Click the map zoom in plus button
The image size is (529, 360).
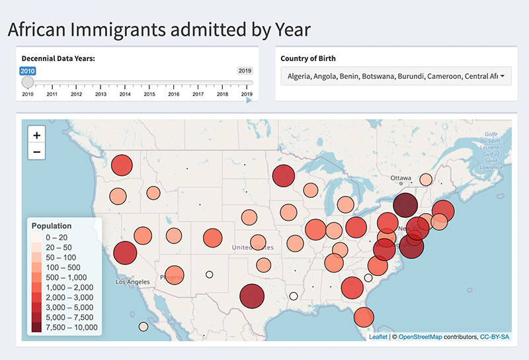pyautogui.click(x=36, y=135)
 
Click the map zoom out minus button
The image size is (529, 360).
pyautogui.click(x=36, y=152)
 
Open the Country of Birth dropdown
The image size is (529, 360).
pyautogui.click(x=396, y=76)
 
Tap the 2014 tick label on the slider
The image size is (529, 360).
pyautogui.click(x=125, y=95)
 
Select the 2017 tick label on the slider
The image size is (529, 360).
pyautogui.click(x=198, y=95)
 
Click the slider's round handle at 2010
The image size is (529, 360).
pyautogui.click(x=28, y=82)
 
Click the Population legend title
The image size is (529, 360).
pyautogui.click(x=52, y=226)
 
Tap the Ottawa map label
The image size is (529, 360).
pyautogui.click(x=401, y=179)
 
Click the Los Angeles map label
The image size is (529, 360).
pyautogui.click(x=134, y=282)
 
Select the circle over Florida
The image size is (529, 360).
pyautogui.click(x=362, y=318)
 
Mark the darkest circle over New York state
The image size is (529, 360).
pyautogui.click(x=405, y=205)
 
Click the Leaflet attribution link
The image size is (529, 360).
pyautogui.click(x=378, y=337)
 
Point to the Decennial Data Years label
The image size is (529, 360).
pyautogui.click(x=58, y=58)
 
